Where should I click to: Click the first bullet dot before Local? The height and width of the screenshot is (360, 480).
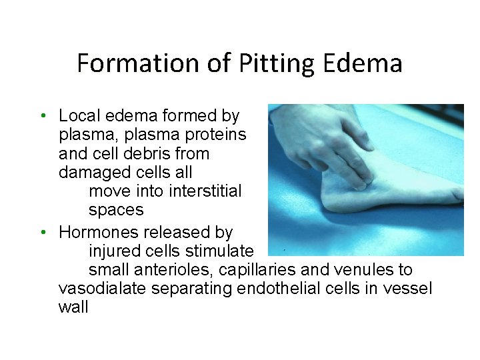[x=42, y=116]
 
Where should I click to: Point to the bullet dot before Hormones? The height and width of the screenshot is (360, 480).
[x=42, y=233]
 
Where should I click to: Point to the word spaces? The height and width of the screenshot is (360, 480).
[x=116, y=210]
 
